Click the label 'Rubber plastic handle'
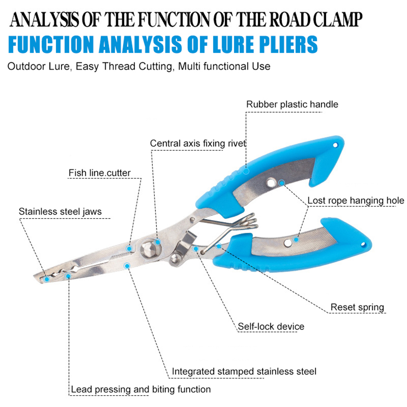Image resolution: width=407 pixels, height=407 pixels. click(x=292, y=104)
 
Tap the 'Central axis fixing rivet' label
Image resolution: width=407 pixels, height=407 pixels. click(x=198, y=143)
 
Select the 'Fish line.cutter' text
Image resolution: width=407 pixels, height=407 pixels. click(x=100, y=173)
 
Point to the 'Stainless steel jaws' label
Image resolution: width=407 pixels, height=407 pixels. click(x=60, y=212)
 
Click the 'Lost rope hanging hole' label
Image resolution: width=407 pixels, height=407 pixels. click(x=355, y=201)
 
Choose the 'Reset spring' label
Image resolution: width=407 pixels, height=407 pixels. click(x=357, y=307)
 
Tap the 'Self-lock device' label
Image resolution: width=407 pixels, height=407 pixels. click(x=271, y=327)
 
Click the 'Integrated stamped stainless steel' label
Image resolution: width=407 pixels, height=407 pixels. click(x=244, y=371)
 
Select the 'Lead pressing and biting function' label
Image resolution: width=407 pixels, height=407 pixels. click(x=141, y=390)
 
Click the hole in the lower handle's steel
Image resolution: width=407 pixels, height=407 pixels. click(x=288, y=243)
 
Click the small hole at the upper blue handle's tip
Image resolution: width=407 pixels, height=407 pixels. click(x=336, y=144)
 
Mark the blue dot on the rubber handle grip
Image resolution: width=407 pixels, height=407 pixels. click(x=246, y=171)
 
